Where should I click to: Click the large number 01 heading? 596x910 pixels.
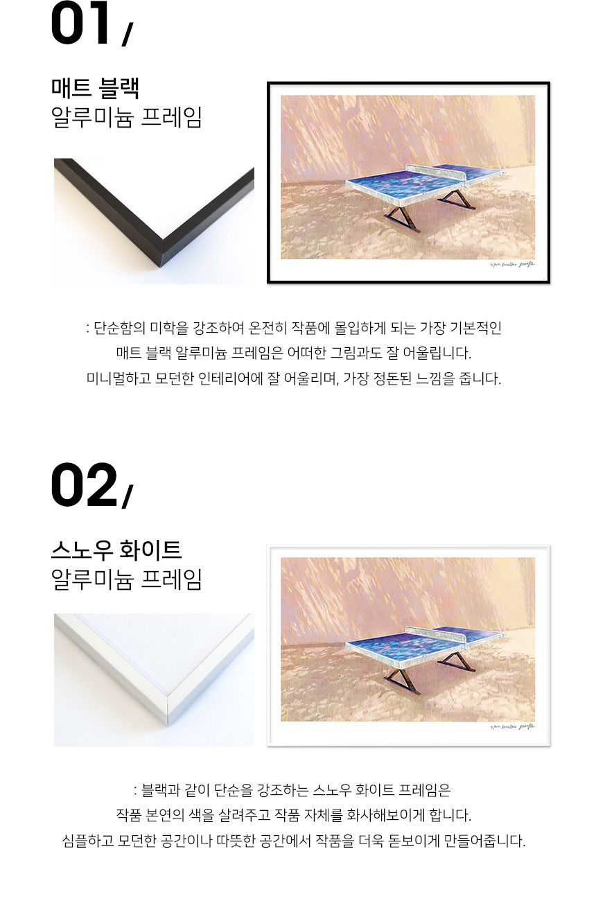tap(80, 23)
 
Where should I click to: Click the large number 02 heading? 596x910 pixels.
tap(84, 484)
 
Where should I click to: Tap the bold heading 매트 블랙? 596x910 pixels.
tap(96, 87)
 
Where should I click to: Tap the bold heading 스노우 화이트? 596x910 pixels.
tap(116, 550)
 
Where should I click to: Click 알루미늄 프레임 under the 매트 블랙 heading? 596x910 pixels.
tap(126, 117)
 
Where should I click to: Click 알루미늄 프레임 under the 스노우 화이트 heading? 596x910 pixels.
tap(126, 579)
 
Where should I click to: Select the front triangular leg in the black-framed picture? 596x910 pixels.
tap(402, 220)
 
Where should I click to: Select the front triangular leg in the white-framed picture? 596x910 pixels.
tap(402, 683)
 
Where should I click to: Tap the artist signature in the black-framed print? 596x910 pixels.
tap(512, 265)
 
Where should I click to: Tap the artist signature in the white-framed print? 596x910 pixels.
tap(512, 726)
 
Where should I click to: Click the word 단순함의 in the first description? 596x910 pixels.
tap(119, 328)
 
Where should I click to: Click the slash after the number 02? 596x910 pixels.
tap(127, 498)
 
